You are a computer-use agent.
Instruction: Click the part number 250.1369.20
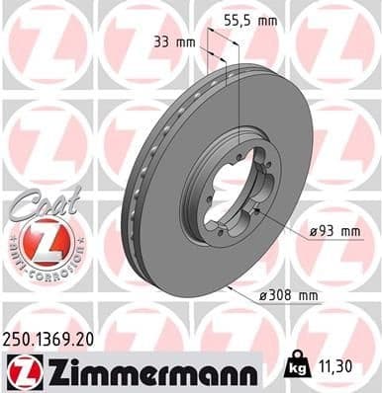(50, 337)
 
